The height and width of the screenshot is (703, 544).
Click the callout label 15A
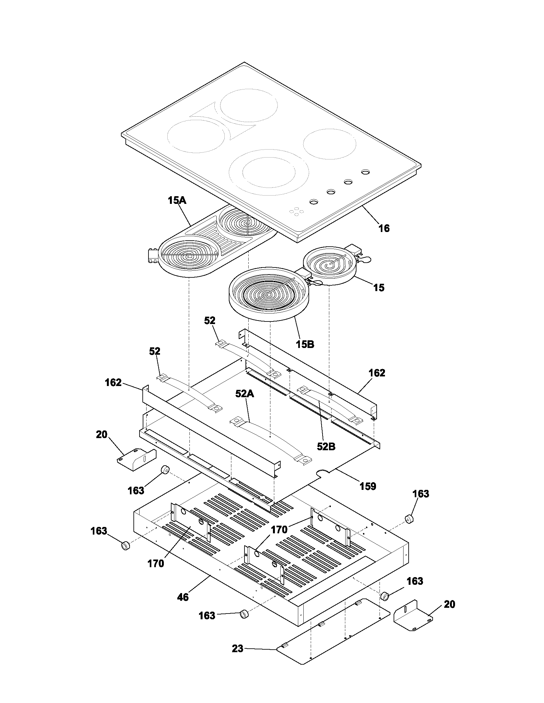[x=177, y=201]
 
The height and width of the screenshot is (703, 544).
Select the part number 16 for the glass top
[x=384, y=228]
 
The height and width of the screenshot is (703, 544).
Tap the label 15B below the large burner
[x=305, y=344]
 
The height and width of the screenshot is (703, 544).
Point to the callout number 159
[x=368, y=486]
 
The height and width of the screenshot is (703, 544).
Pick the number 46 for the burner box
[x=183, y=597]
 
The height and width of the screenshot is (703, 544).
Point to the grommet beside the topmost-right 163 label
[x=409, y=519]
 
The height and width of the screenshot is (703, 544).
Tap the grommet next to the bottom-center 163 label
[x=244, y=614]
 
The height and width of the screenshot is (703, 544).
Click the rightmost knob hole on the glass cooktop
[x=365, y=172]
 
